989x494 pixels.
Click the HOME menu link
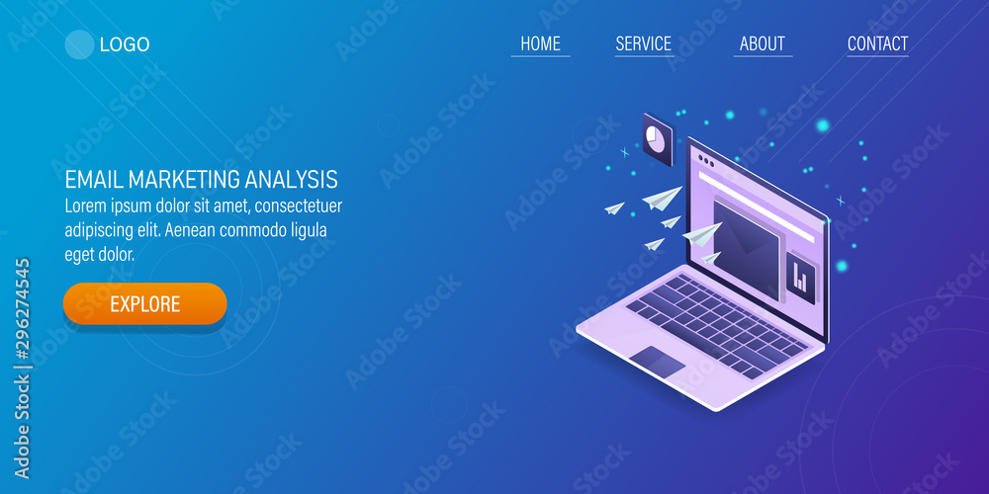tap(541, 43)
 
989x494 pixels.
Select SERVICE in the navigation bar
tap(644, 43)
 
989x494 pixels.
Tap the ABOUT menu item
tap(762, 43)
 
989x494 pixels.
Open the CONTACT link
tap(877, 43)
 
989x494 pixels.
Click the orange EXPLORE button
tap(145, 303)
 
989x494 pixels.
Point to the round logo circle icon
tap(79, 44)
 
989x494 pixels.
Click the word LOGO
tap(125, 44)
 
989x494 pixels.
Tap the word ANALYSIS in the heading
tap(292, 180)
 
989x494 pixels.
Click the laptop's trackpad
tap(658, 362)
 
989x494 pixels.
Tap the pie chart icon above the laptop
tap(658, 139)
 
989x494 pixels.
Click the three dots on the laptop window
tap(706, 162)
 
